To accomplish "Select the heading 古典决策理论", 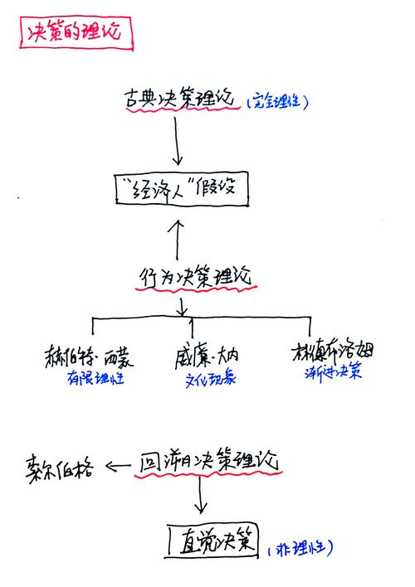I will tap(177, 100).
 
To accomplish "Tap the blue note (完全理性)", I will tap(277, 102).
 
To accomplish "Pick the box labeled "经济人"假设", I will tap(181, 190).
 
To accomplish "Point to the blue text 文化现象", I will tap(209, 381).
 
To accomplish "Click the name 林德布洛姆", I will tap(331, 351).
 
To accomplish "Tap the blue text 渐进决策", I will tap(330, 372).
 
